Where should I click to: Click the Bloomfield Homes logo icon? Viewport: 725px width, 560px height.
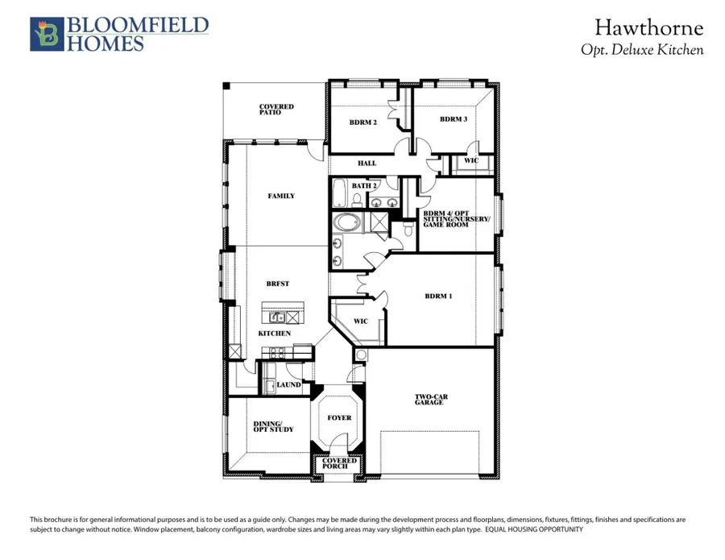pyautogui.click(x=46, y=35)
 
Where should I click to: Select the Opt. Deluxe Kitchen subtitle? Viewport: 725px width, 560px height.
pyautogui.click(x=642, y=50)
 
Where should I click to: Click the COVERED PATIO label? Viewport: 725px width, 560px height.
pyautogui.click(x=276, y=110)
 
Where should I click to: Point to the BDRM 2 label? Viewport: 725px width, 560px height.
pyautogui.click(x=362, y=122)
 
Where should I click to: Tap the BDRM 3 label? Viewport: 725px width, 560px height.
pyautogui.click(x=453, y=119)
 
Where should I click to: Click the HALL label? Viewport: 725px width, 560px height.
pyautogui.click(x=367, y=164)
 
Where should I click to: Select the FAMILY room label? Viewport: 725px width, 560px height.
pyautogui.click(x=281, y=196)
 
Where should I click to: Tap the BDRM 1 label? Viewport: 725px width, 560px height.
pyautogui.click(x=439, y=297)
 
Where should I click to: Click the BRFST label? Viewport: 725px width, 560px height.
pyautogui.click(x=278, y=284)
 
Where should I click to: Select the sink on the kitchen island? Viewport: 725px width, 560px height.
pyautogui.click(x=277, y=317)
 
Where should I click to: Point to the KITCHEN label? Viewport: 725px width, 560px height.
pyautogui.click(x=274, y=334)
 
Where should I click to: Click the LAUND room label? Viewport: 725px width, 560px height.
pyautogui.click(x=288, y=385)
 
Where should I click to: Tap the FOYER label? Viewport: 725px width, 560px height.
pyautogui.click(x=338, y=419)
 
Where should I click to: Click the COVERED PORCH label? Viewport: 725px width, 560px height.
pyautogui.click(x=338, y=464)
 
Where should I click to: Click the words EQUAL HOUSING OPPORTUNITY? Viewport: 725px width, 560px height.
pyautogui.click(x=533, y=529)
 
